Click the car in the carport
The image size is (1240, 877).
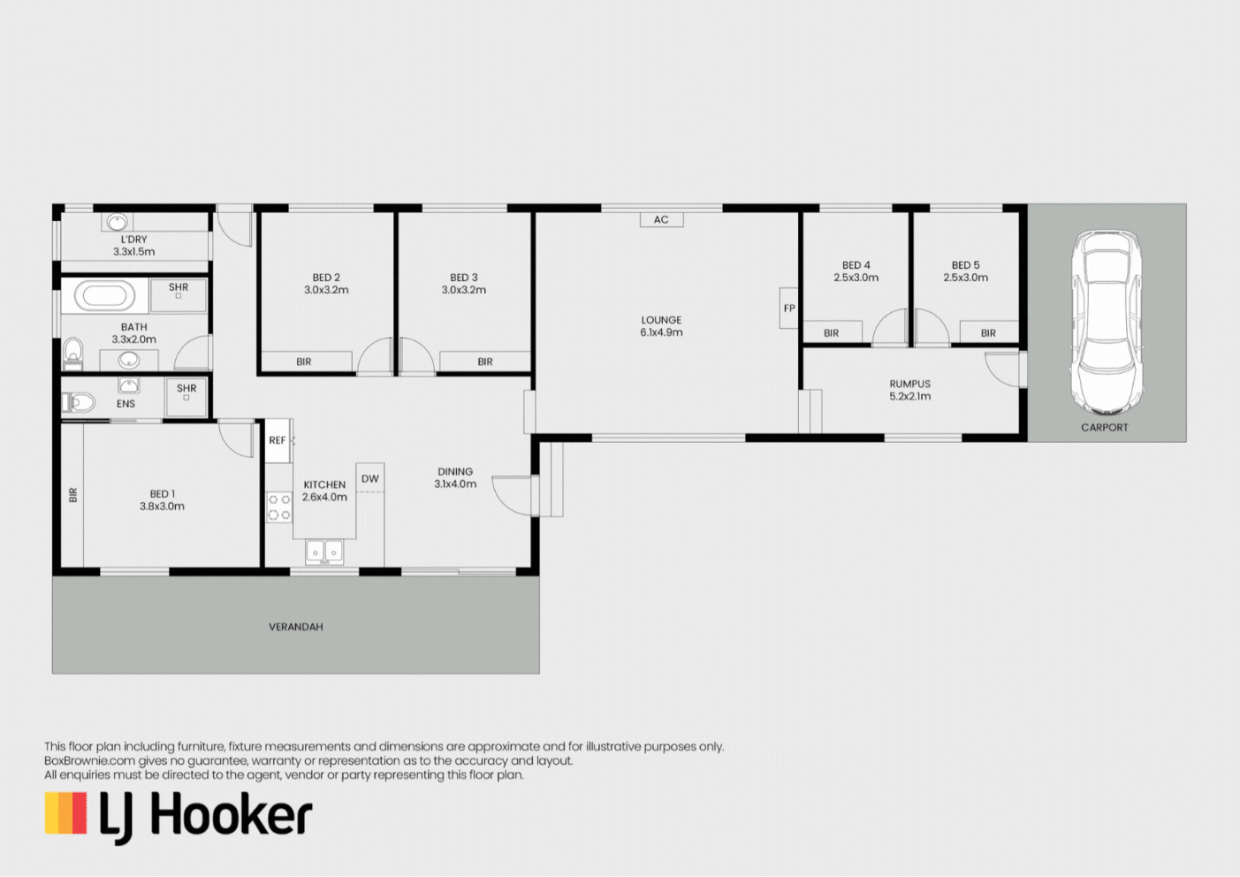click(1107, 322)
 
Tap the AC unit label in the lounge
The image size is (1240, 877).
click(661, 219)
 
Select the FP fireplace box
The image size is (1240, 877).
click(788, 309)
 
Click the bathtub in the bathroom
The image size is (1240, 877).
click(104, 295)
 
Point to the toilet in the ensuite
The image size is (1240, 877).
click(79, 403)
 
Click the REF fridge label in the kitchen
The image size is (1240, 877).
click(278, 440)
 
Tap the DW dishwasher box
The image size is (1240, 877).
click(370, 478)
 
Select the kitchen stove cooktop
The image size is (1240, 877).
click(279, 507)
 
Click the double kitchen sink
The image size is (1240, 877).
click(324, 551)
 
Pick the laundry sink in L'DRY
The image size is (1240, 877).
click(117, 222)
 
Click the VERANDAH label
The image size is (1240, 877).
click(296, 627)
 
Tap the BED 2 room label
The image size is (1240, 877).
click(326, 278)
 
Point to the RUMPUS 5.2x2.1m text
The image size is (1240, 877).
click(909, 390)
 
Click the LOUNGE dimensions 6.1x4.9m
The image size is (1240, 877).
click(661, 332)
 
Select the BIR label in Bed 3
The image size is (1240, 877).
click(485, 362)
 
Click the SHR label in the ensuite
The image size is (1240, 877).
click(186, 388)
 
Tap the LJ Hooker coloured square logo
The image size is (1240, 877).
click(65, 812)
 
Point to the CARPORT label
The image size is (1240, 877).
click(1104, 427)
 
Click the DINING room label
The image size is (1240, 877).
click(455, 471)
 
